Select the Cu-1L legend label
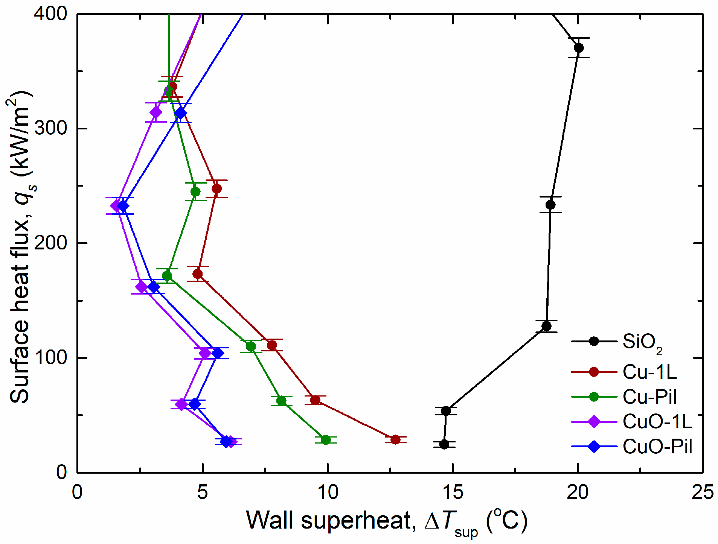pos(649,372)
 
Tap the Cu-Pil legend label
pos(649,397)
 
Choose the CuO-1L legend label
pos(657,421)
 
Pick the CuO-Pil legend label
pos(657,447)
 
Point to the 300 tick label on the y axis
pos(50,128)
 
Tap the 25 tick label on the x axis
pos(702,492)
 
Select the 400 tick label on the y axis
pos(50,14)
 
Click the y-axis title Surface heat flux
pos(21,246)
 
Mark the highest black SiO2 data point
pos(579,48)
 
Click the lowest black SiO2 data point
pos(444,444)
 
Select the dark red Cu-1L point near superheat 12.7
pos(395,439)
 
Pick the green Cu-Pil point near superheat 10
pos(326,440)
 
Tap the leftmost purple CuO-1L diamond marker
pos(116,205)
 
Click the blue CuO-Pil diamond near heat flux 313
pos(181,113)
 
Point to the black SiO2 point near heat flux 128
pos(546,326)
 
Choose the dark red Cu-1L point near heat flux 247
pos(216,188)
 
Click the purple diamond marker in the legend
pos(594,421)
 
